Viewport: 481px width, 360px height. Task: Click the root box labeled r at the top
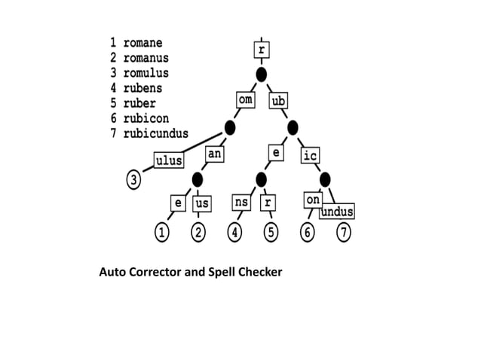(262, 50)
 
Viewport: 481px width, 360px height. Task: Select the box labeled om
(244, 100)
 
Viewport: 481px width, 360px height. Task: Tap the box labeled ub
(279, 101)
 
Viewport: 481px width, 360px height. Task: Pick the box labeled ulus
(169, 160)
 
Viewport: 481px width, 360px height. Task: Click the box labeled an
(215, 153)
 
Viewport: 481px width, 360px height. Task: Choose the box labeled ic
(310, 156)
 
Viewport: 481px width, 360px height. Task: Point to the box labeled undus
(337, 212)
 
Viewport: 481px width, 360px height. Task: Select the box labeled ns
(241, 203)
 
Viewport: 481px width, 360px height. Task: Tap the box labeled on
(313, 200)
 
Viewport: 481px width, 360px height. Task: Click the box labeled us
(201, 203)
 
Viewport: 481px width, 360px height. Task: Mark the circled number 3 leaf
(133, 180)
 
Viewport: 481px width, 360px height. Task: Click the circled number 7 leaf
(343, 233)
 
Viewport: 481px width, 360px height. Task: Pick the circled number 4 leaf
(236, 233)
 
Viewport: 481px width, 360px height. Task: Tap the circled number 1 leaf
(161, 233)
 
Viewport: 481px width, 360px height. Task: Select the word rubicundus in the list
(156, 133)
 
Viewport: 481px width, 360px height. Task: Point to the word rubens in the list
(142, 88)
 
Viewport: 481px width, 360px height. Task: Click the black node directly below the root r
(262, 75)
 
